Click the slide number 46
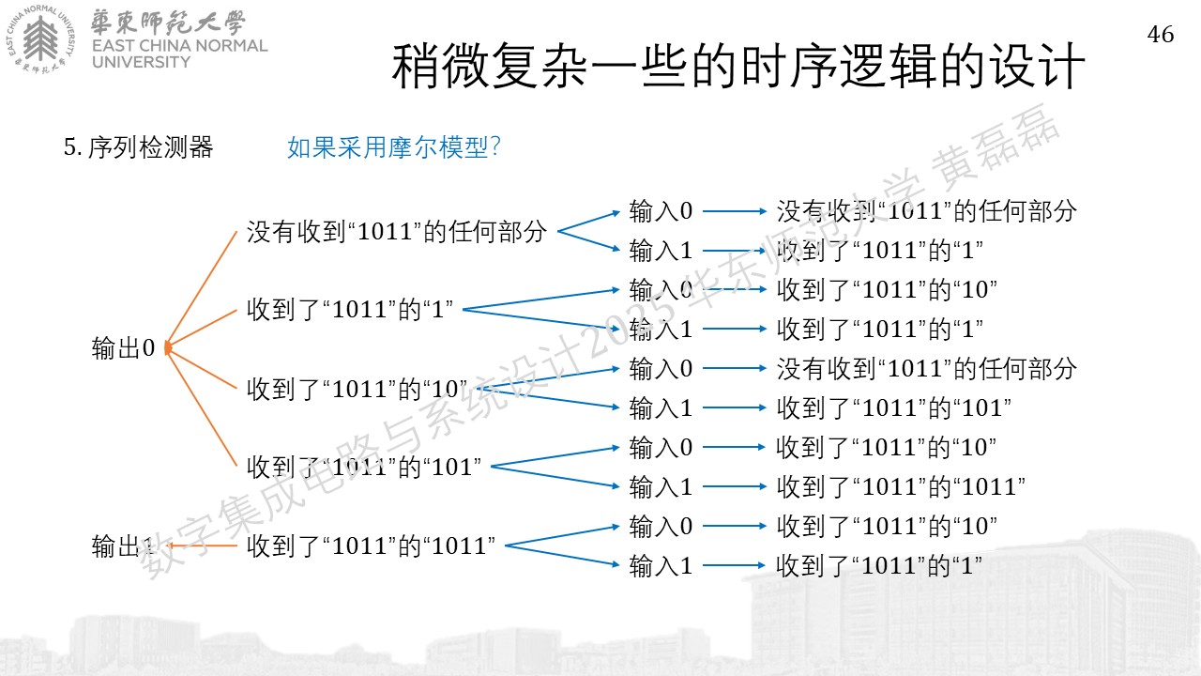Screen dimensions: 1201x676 tap(1161, 34)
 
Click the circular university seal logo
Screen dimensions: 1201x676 tap(41, 39)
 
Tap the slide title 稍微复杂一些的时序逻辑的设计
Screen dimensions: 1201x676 tap(738, 67)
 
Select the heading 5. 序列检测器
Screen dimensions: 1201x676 tap(138, 146)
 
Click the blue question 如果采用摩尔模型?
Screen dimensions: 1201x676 tap(394, 146)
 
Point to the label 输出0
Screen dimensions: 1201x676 tap(123, 347)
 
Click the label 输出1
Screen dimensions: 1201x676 tap(123, 546)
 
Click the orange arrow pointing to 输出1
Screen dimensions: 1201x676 tap(201, 545)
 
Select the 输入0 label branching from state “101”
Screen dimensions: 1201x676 tap(661, 447)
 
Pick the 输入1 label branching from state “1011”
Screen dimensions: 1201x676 tap(661, 565)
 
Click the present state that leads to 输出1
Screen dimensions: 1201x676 tap(371, 545)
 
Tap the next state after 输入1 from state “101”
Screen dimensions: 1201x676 tap(901, 486)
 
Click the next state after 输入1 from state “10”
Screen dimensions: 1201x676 tap(894, 407)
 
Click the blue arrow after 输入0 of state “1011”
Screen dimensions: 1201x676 tap(735, 526)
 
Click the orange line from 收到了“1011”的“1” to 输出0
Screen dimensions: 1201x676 tap(201, 329)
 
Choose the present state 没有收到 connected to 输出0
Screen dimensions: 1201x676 tap(397, 231)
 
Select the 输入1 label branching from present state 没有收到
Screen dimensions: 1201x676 tap(661, 250)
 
